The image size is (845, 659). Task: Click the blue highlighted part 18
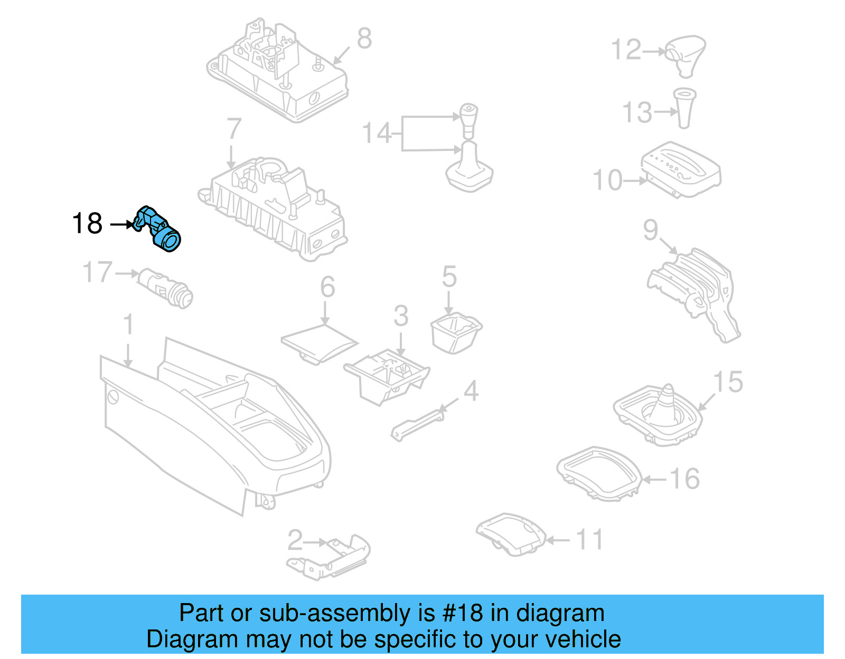pos(160,230)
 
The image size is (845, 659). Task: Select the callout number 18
pos(87,224)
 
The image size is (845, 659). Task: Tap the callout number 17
pos(97,273)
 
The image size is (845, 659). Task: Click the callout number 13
pos(637,112)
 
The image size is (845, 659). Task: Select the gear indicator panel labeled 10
pos(681,169)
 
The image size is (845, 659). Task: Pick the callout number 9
pos(650,230)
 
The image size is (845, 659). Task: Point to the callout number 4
pos(471,391)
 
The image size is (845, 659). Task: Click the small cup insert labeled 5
pos(456,332)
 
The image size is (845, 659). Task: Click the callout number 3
pos(401,316)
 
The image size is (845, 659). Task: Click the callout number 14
pos(376,133)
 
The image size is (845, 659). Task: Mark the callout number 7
pos(233,128)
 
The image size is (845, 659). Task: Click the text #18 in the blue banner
pos(463,613)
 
